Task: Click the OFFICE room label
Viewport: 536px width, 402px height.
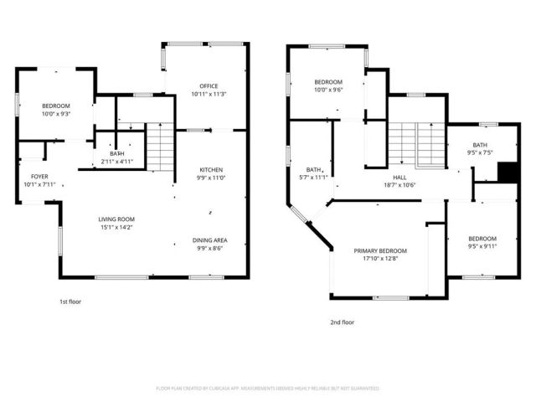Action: point(209,85)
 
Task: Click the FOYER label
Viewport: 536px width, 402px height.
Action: point(39,177)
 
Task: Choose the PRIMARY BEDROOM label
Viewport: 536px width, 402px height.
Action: point(379,251)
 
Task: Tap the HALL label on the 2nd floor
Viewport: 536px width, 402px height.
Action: point(400,178)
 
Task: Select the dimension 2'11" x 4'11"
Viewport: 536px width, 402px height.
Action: point(116,161)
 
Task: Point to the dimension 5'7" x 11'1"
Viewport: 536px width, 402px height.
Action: point(316,177)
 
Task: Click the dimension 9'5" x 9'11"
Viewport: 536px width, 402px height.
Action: point(482,246)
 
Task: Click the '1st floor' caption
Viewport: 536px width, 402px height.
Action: point(70,301)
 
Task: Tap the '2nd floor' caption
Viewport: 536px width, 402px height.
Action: point(342,322)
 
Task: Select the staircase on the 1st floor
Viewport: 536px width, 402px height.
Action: point(159,146)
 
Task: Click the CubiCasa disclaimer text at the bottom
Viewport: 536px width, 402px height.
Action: point(268,389)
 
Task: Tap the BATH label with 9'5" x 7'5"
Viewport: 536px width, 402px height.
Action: point(480,145)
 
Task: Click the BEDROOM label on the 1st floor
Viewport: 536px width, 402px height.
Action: point(55,106)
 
